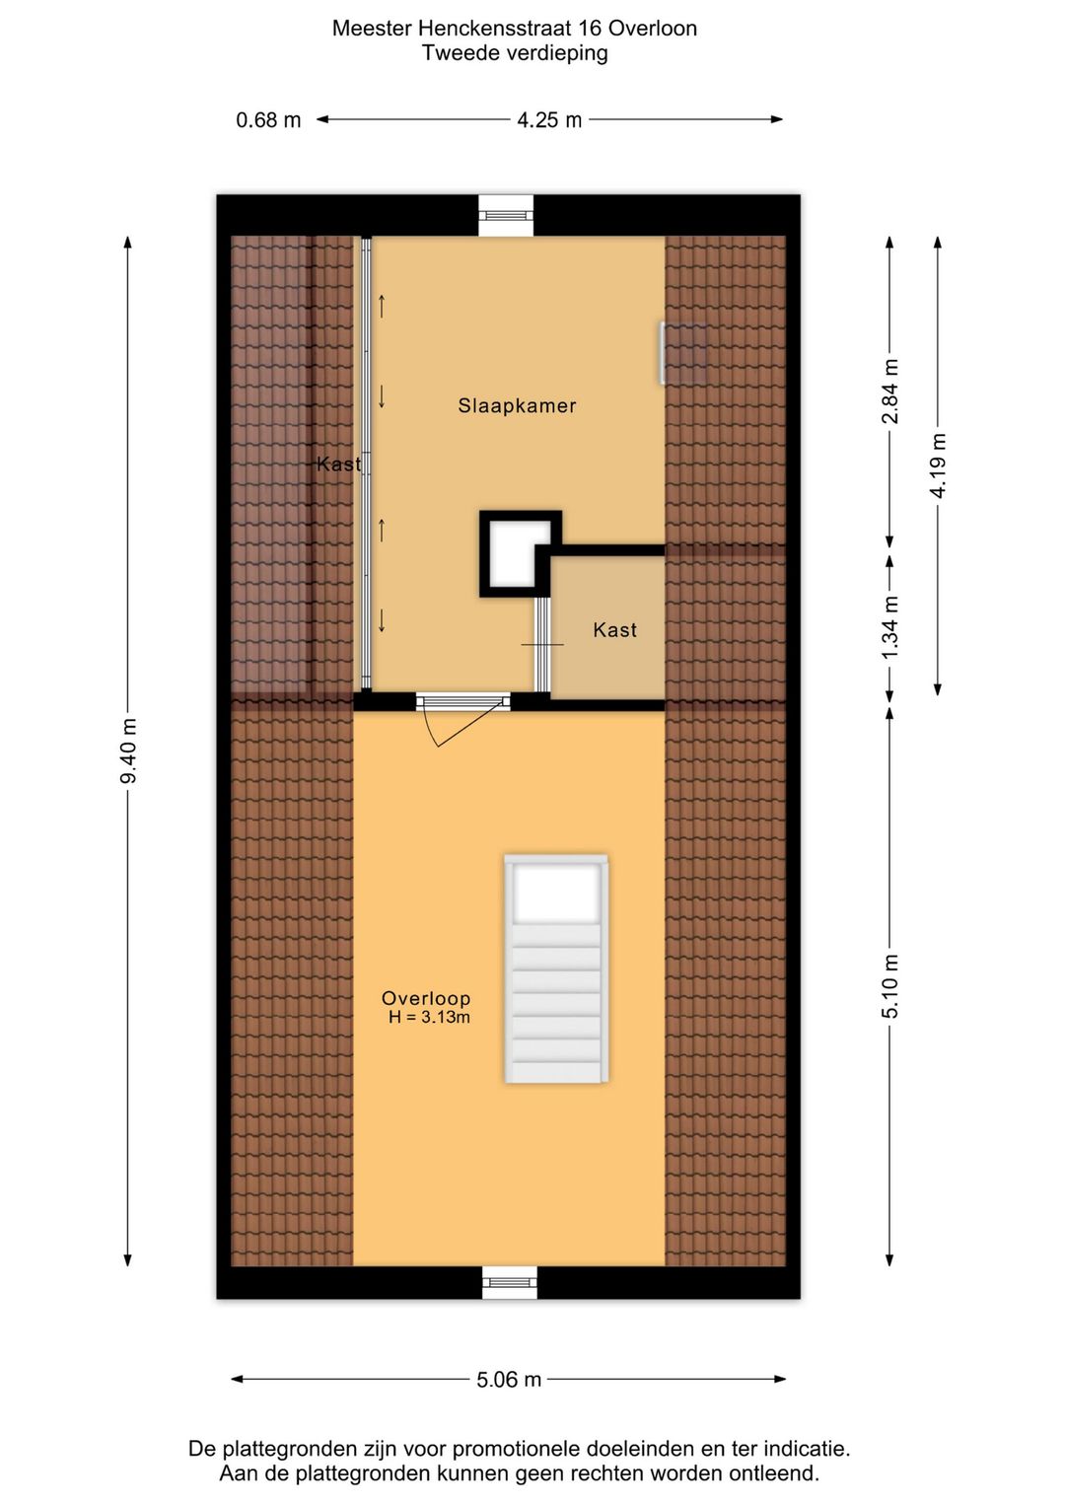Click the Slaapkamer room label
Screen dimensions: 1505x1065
click(x=517, y=405)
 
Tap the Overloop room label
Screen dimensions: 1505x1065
click(x=426, y=998)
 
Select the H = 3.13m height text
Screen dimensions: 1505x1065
click(x=429, y=1018)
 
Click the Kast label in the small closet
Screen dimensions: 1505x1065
click(x=614, y=629)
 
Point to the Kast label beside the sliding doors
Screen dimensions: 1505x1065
click(x=338, y=464)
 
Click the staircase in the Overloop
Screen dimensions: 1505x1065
click(x=555, y=969)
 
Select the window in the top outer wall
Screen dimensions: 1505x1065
click(x=505, y=215)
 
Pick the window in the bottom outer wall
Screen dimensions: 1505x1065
click(x=510, y=1282)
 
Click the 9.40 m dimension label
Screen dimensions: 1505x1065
click(x=128, y=752)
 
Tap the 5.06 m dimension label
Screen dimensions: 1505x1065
click(x=509, y=1379)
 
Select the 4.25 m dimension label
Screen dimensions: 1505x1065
click(x=549, y=120)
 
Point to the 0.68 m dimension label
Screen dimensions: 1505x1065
click(x=268, y=120)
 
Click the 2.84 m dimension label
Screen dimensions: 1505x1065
click(x=890, y=392)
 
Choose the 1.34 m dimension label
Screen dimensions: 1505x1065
click(x=890, y=628)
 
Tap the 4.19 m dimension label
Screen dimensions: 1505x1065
click(x=938, y=466)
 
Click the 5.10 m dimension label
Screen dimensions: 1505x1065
click(x=890, y=986)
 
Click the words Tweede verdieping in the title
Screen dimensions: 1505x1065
click(x=515, y=53)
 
